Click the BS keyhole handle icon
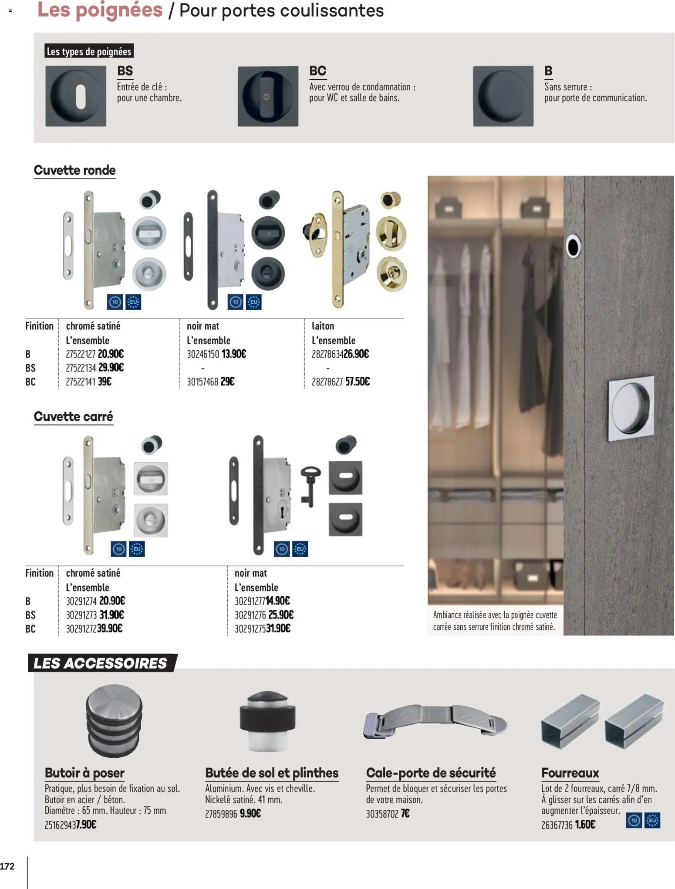pos(76,96)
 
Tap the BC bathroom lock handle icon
pos(268,96)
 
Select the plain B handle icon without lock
pos(503,96)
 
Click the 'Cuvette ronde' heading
pos(74,170)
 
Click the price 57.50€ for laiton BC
pos(357,382)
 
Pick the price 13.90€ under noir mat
pos(234,354)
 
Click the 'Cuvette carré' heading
pos(73,417)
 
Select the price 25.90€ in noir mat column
pos(281,615)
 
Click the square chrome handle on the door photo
pos(631,408)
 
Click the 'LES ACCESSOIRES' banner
pos(101,663)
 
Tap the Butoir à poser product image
pos(114,720)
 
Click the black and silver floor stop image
pos(267,720)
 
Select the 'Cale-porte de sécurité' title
pos(430,773)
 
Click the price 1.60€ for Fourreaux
pos(585,825)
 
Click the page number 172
pos(7,866)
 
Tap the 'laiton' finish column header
pos(323,326)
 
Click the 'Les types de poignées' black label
pos(89,51)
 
